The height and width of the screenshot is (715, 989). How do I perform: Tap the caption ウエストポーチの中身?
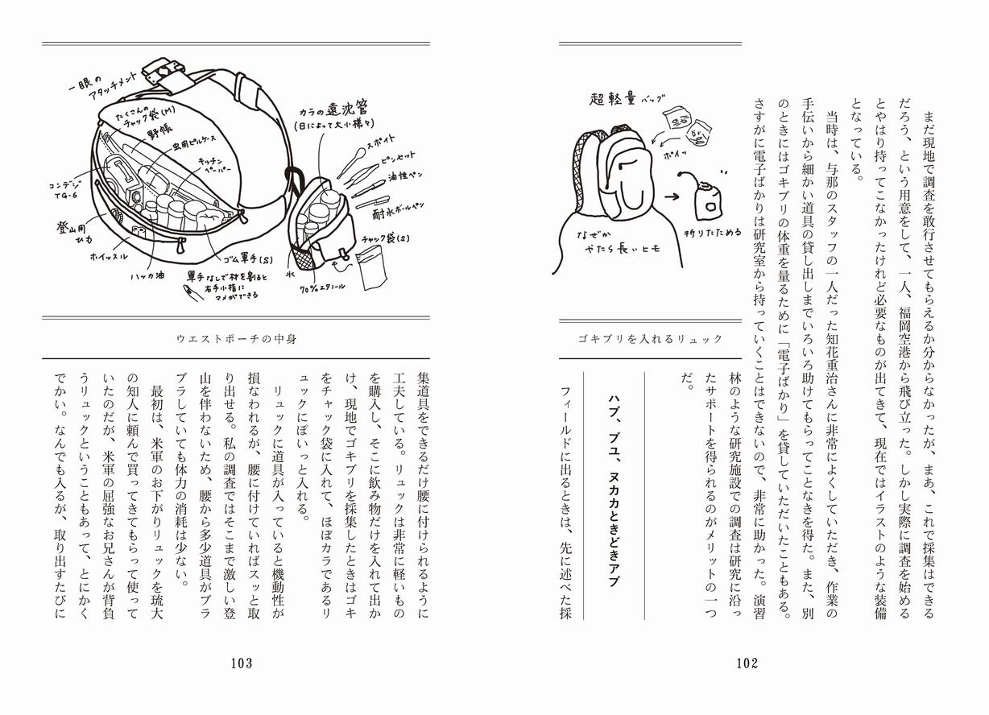coord(236,339)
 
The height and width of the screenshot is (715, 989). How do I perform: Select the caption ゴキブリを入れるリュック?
coord(650,339)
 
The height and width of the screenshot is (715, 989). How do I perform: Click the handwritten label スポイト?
coord(376,147)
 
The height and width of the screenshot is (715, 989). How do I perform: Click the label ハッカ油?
coord(150,275)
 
